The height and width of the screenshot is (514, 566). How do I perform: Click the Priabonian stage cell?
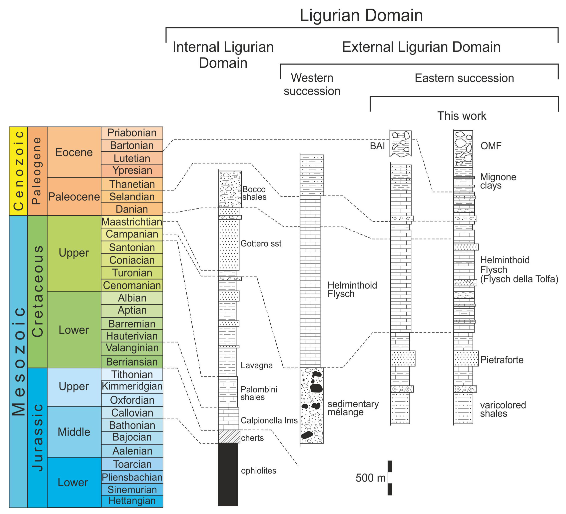tap(132, 133)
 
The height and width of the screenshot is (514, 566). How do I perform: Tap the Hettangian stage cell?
tap(132, 500)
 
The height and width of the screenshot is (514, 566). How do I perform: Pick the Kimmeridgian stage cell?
tap(132, 386)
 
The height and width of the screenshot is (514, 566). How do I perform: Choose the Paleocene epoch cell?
tap(74, 196)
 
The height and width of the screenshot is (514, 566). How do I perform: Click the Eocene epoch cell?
tap(74, 152)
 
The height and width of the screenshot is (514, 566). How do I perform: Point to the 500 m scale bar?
tap(390, 478)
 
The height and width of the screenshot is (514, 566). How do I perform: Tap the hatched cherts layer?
tap(229, 436)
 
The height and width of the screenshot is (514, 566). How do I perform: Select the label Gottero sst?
tap(261, 243)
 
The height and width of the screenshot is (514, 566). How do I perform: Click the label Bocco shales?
tap(254, 193)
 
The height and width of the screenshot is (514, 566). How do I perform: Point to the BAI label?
tap(377, 146)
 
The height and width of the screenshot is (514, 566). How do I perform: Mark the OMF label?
tap(491, 146)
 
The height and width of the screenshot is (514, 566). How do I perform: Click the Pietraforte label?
tap(502, 360)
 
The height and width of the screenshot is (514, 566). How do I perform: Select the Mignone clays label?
tap(498, 181)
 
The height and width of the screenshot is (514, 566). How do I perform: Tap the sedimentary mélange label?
tap(353, 408)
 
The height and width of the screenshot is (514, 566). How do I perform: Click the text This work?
tap(462, 116)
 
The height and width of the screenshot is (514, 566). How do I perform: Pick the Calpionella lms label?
tap(269, 420)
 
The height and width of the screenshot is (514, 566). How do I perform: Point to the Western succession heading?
tap(312, 84)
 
